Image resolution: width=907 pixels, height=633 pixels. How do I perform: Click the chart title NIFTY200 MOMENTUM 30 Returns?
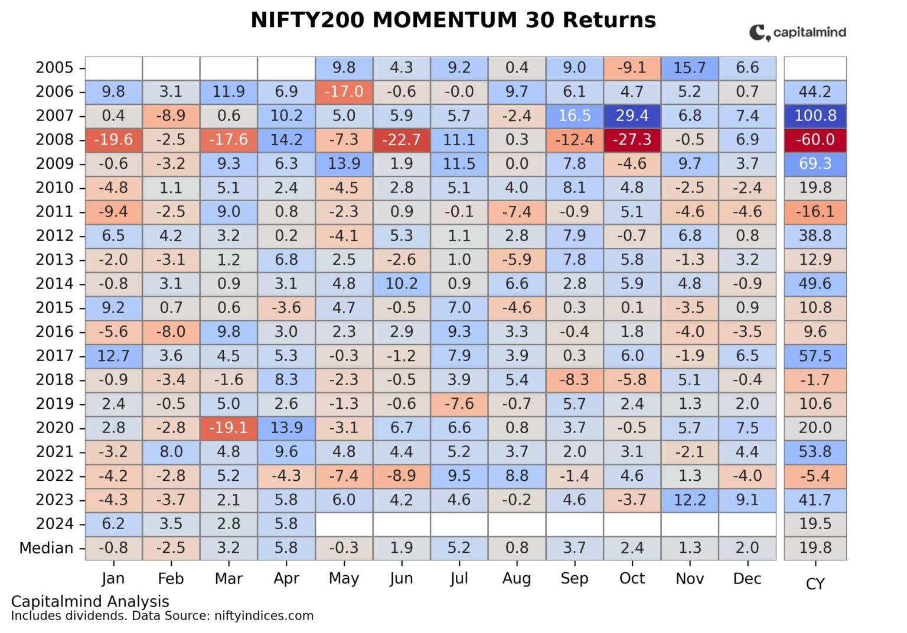pyautogui.click(x=453, y=20)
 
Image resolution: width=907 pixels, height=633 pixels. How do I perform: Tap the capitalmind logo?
pyautogui.click(x=797, y=32)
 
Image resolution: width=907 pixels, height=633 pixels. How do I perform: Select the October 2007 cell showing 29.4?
pyautogui.click(x=632, y=116)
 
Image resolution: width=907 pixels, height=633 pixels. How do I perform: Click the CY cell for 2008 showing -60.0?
pyautogui.click(x=815, y=140)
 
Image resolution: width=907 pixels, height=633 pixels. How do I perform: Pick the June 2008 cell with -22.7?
pyautogui.click(x=401, y=140)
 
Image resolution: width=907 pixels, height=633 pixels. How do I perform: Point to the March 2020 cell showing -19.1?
pyautogui.click(x=229, y=428)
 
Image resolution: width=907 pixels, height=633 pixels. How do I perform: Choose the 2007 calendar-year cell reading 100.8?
pyautogui.click(x=815, y=116)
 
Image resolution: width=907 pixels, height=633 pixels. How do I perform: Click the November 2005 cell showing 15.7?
pyautogui.click(x=690, y=68)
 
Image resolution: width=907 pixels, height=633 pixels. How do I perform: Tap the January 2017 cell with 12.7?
pyautogui.click(x=113, y=356)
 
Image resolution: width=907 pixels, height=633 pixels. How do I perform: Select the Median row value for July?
pyautogui.click(x=459, y=548)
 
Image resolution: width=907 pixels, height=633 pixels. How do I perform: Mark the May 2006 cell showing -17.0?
pyautogui.click(x=344, y=92)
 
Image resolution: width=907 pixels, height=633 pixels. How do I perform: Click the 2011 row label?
pyautogui.click(x=54, y=212)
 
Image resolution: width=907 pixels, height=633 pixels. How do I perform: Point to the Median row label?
pyautogui.click(x=46, y=548)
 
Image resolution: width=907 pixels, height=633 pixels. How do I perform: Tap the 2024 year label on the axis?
pyautogui.click(x=54, y=524)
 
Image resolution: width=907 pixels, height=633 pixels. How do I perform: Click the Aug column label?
pyautogui.click(x=517, y=579)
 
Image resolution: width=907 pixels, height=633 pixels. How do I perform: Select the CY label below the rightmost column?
pyautogui.click(x=815, y=584)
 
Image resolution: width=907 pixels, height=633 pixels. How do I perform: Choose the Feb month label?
pyautogui.click(x=171, y=579)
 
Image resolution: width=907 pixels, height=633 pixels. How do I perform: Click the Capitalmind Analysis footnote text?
pyautogui.click(x=90, y=601)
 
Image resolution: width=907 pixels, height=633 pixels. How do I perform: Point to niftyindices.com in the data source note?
pyautogui.click(x=264, y=616)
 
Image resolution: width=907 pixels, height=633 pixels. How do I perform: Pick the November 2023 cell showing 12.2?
pyautogui.click(x=690, y=500)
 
